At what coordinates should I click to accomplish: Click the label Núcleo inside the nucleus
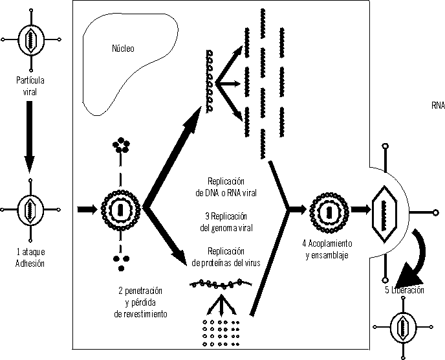(x=123, y=49)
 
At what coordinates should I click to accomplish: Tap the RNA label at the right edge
(x=438, y=105)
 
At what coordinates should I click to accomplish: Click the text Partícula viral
(x=28, y=85)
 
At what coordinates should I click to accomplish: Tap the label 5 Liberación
(x=404, y=290)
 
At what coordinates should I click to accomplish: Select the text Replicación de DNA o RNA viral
(x=226, y=187)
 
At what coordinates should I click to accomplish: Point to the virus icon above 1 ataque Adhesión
(x=29, y=211)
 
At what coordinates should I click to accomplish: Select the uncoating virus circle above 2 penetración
(x=120, y=210)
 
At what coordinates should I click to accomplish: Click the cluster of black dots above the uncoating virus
(x=120, y=144)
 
